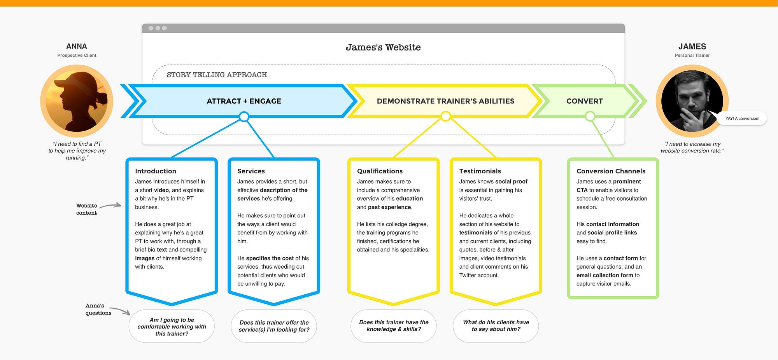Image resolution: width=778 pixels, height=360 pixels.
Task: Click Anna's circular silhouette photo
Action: (77, 101)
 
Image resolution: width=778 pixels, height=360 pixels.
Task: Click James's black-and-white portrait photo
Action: (692, 101)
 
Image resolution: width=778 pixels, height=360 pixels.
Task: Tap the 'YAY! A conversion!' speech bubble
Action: (742, 118)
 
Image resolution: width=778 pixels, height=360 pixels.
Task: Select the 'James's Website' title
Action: (383, 47)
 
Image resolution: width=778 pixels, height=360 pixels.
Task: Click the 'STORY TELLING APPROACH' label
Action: (217, 75)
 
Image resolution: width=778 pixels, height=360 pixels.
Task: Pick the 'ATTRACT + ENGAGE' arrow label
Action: (244, 101)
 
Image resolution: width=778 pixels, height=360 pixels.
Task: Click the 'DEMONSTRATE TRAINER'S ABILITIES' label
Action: (445, 101)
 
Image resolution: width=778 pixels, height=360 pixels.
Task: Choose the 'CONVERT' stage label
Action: (584, 101)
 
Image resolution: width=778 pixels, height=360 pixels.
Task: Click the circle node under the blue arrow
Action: (244, 116)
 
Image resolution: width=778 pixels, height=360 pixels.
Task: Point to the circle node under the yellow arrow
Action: (446, 116)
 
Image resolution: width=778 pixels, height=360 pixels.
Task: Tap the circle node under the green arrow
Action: (590, 116)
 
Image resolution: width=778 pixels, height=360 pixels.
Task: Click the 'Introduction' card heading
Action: (156, 171)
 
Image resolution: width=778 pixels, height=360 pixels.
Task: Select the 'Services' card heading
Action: (251, 171)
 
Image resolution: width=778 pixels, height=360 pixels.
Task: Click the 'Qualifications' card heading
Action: (380, 171)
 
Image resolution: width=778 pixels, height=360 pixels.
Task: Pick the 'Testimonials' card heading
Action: (480, 171)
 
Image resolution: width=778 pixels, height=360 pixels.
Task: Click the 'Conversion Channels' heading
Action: (611, 171)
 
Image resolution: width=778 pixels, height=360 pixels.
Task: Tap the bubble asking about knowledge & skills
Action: (394, 326)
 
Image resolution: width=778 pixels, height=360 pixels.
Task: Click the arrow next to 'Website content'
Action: (110, 206)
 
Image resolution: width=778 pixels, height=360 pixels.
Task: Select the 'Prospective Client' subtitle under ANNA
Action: (77, 55)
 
